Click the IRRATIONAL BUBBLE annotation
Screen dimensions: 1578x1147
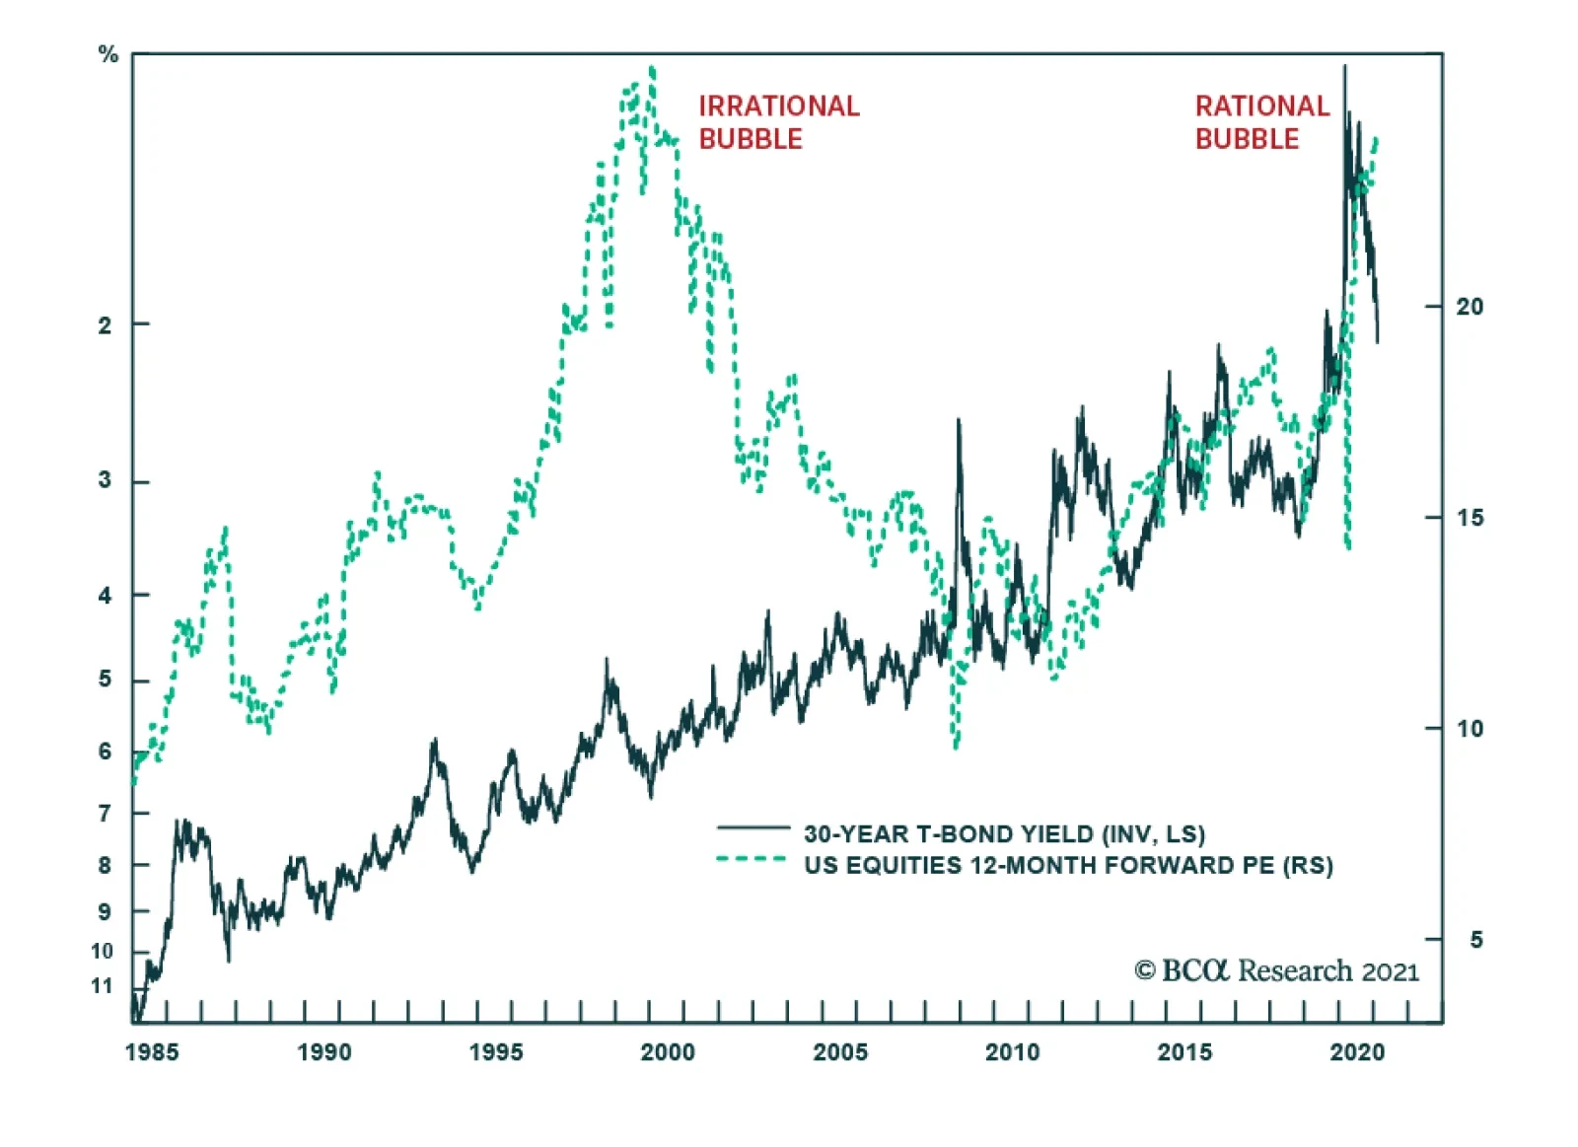[779, 122]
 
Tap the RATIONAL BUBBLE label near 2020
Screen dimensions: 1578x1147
[1262, 122]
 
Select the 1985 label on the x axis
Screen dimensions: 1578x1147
[152, 1052]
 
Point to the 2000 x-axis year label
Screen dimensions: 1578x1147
[668, 1052]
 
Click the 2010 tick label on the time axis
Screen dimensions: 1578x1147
[1012, 1052]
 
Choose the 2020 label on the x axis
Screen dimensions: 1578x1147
[1357, 1052]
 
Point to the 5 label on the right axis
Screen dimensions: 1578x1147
[1475, 940]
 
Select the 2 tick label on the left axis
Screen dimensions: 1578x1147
[105, 324]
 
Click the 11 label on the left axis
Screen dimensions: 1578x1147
[103, 985]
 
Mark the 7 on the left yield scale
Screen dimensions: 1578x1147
[105, 814]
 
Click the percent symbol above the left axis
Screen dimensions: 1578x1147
[108, 55]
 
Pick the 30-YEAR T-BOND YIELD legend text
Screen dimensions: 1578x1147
[1004, 834]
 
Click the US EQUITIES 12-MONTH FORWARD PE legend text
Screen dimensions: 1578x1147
[1068, 865]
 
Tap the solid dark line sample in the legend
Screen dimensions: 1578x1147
[753, 827]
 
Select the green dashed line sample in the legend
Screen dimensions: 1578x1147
[751, 859]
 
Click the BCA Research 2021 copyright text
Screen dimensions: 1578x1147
[1276, 970]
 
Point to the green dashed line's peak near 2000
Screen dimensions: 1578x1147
[652, 69]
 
